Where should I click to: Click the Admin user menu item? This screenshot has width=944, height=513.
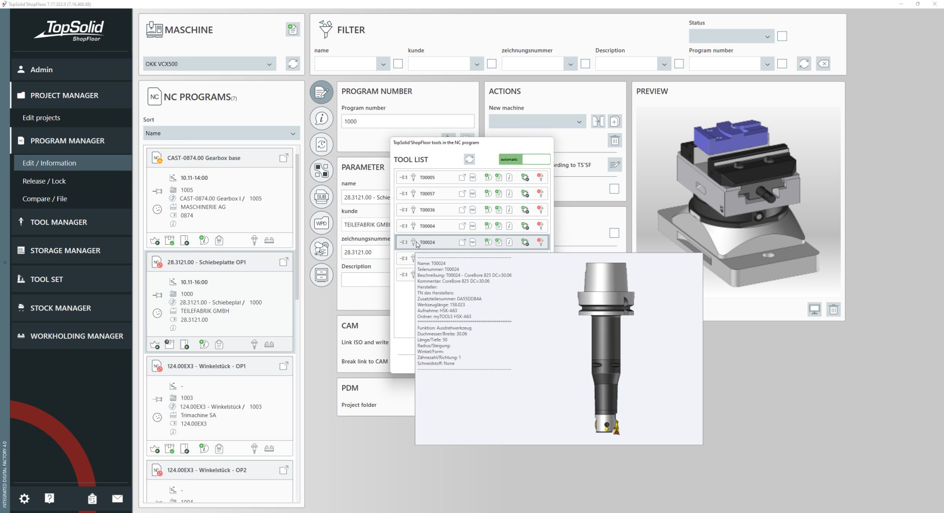click(x=41, y=70)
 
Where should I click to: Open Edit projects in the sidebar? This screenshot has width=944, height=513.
click(x=41, y=118)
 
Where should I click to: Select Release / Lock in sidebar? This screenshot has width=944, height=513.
click(x=44, y=181)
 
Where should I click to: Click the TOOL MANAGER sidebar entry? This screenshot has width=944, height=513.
click(x=59, y=222)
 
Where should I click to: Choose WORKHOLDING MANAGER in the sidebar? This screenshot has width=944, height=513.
click(x=77, y=336)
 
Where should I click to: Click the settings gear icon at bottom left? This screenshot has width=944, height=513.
click(x=24, y=499)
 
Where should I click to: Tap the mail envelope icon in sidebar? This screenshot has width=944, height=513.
click(x=117, y=499)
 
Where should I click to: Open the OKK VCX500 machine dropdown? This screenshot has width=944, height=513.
click(x=209, y=64)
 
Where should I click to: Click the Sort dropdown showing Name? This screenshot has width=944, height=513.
click(x=221, y=134)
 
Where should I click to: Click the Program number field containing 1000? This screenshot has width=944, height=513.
click(x=407, y=121)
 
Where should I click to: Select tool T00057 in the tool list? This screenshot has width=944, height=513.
click(x=427, y=194)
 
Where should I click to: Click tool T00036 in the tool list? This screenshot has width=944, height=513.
click(x=427, y=210)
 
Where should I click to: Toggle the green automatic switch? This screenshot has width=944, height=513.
click(x=524, y=159)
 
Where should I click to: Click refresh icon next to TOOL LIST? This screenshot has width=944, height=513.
click(x=469, y=159)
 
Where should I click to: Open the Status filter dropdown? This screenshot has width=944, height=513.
click(x=731, y=36)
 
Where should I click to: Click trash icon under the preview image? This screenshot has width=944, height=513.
click(x=833, y=310)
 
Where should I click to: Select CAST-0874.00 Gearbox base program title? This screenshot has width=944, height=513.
click(x=204, y=158)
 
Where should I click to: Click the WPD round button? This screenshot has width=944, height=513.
click(x=322, y=223)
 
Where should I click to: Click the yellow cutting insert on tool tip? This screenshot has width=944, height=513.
click(x=615, y=428)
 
